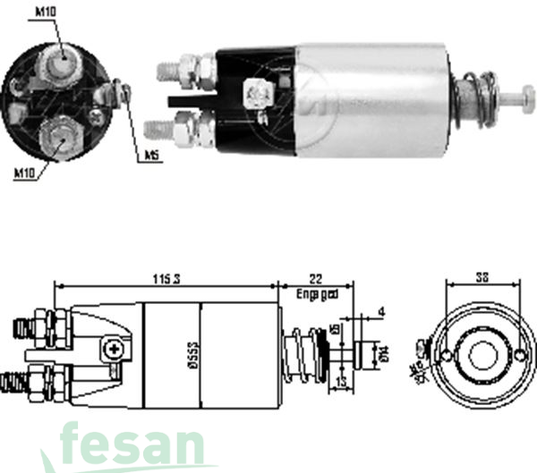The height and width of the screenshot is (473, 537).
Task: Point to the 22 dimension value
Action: pyautogui.click(x=316, y=280)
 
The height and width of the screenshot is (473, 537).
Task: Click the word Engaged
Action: pyautogui.click(x=317, y=293)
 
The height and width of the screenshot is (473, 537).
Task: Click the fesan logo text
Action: pyautogui.click(x=134, y=444)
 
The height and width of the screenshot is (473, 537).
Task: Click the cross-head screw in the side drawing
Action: pyautogui.click(x=112, y=350)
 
